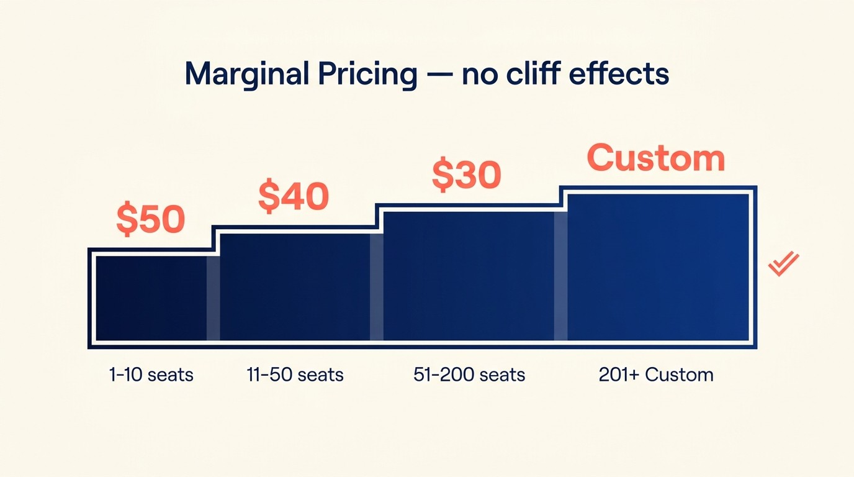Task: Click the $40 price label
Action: (293, 196)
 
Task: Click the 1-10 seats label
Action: (151, 375)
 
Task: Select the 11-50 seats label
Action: (295, 375)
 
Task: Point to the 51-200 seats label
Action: (469, 375)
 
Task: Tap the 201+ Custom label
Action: (656, 375)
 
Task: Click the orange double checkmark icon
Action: (783, 264)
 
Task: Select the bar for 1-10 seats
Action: (151, 298)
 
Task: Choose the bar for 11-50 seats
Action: (295, 287)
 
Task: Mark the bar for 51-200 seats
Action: (469, 276)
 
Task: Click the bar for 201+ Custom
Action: (658, 267)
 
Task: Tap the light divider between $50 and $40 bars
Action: (213, 298)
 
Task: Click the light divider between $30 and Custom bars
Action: (560, 276)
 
